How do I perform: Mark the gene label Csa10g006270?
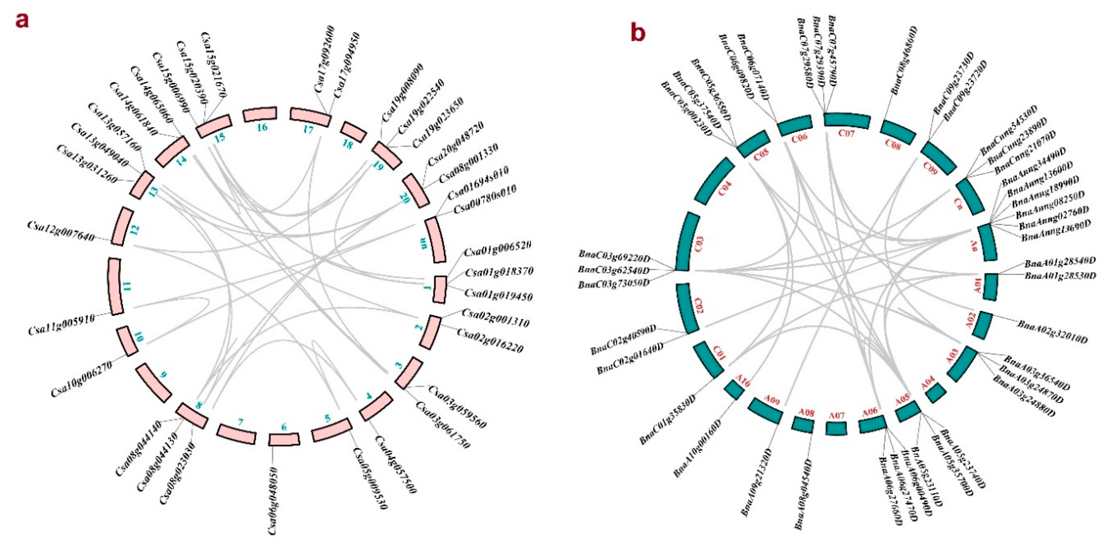[x=82, y=379]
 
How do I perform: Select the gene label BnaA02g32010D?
[x=1052, y=331]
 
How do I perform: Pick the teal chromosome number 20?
[x=404, y=198]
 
